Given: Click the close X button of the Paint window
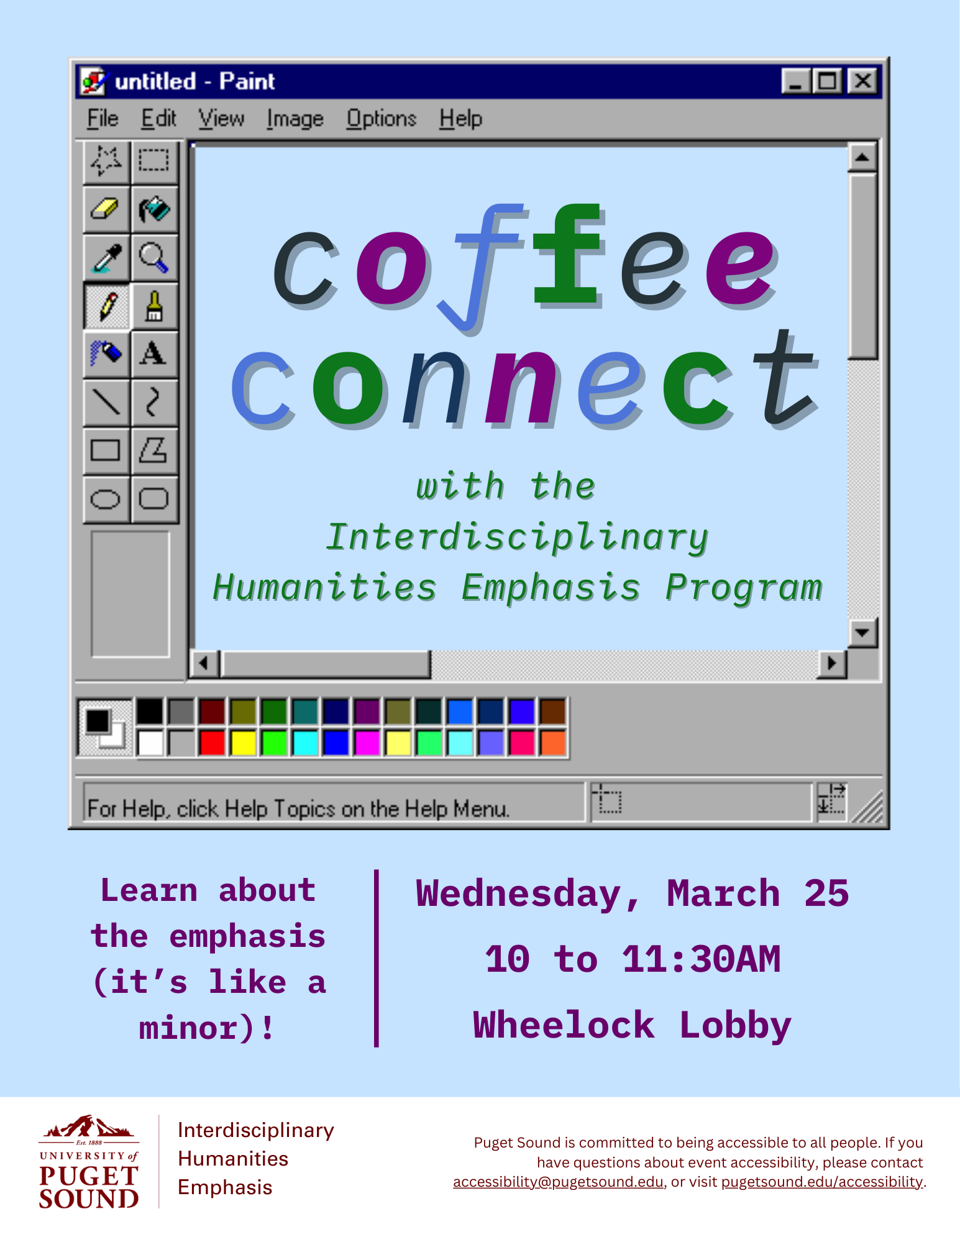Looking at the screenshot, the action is (x=862, y=81).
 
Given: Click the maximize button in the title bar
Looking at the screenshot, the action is (x=828, y=81).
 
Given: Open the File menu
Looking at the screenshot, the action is (x=103, y=118).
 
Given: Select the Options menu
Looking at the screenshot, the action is (x=381, y=118).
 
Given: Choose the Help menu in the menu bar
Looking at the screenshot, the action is (x=460, y=118).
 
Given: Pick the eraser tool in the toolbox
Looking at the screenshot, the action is (x=106, y=209).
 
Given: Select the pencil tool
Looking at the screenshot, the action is (x=106, y=306).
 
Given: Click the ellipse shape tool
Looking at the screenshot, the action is (x=106, y=499).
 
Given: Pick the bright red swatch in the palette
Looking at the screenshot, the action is (x=212, y=743).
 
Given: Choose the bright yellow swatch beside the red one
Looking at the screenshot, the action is (x=243, y=743).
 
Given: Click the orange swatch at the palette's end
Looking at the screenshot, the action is (x=553, y=743).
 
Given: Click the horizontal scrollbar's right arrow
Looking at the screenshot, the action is (x=832, y=664).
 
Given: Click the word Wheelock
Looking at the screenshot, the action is (x=564, y=1025).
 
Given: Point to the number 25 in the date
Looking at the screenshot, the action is (x=826, y=893).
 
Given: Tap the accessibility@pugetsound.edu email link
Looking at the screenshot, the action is (x=558, y=1182).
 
